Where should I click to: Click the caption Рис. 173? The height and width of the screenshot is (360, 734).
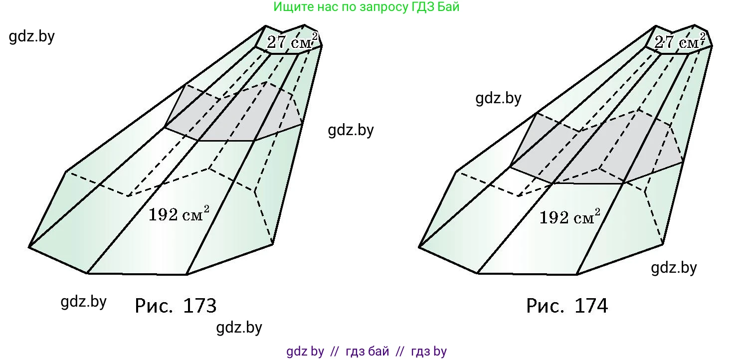176,306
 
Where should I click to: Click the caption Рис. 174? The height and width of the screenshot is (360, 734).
567,306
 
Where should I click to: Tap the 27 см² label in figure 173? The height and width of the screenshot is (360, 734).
292,41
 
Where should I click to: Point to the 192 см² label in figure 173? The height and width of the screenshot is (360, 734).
179,214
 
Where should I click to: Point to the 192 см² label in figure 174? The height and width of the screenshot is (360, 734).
570,216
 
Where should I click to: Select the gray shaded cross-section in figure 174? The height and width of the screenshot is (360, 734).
596,148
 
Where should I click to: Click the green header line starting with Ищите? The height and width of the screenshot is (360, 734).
367,7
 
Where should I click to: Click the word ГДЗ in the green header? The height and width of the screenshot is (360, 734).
423,7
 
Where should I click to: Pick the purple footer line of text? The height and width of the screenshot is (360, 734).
367,351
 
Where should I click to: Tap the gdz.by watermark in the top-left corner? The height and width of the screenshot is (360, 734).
32,36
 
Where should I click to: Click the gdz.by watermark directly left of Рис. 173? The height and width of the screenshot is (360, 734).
84,301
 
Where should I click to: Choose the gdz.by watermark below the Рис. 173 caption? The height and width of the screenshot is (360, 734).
239,327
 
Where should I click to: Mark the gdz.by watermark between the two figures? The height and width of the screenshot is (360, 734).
351,130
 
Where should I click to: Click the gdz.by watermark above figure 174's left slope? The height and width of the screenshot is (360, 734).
498,98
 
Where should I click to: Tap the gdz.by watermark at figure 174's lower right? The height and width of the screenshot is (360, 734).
674,268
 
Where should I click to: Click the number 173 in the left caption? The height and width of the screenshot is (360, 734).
200,306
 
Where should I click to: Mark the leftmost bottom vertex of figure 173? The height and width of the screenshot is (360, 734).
29,247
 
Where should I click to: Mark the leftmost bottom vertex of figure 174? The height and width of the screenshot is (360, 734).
419,247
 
